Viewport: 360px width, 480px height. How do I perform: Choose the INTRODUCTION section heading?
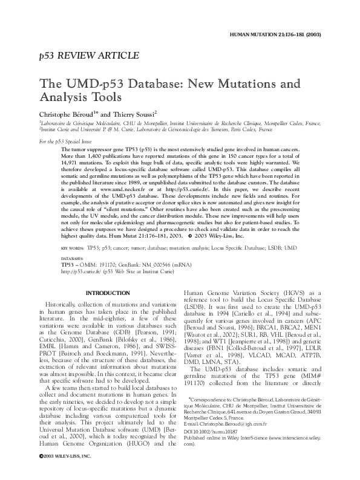click(x=105, y=293)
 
